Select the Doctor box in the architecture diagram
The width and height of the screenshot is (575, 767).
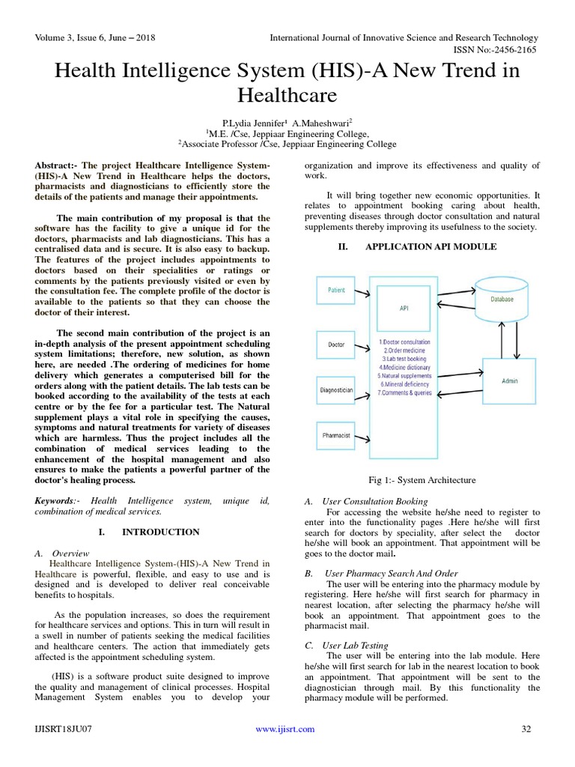pos(336,345)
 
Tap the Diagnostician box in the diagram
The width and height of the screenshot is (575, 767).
pos(336,389)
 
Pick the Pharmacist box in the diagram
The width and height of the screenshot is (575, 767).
pos(336,434)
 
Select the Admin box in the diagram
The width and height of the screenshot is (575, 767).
pos(509,381)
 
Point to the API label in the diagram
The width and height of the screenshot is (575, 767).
pos(404,307)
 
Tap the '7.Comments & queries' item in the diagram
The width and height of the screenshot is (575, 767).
pos(405,392)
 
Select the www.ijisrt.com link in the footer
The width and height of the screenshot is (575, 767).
pos(285,729)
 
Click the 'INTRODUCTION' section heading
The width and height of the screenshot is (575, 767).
pos(160,532)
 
